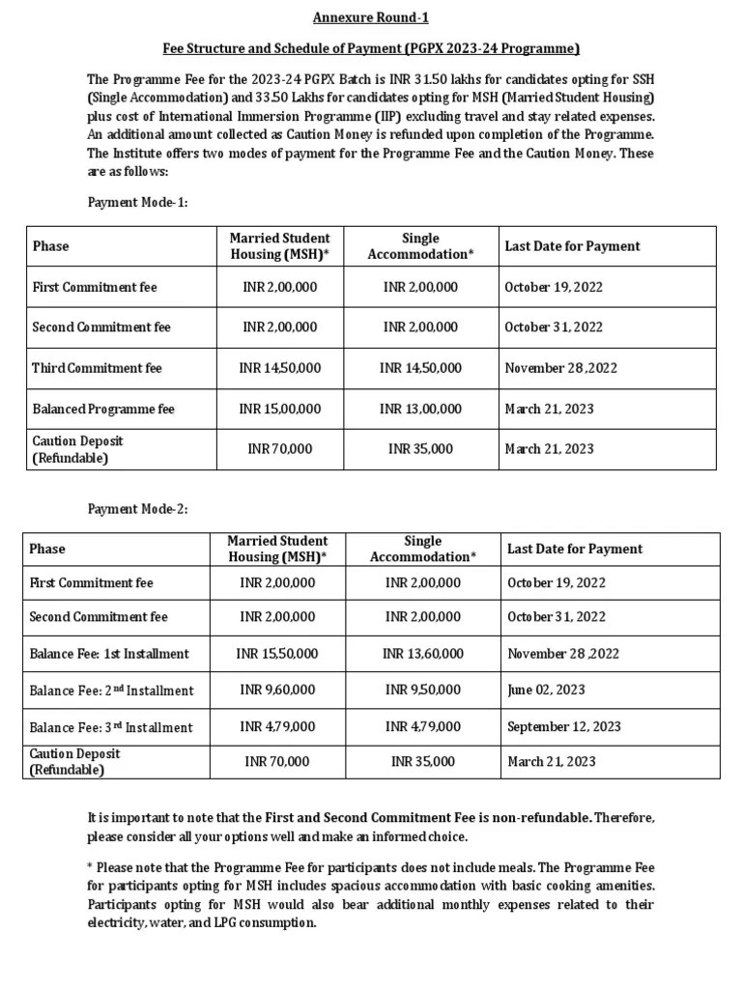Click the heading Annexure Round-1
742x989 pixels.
371,17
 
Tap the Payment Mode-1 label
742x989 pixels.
137,203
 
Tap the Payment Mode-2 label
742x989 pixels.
137,509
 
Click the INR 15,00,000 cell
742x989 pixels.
280,409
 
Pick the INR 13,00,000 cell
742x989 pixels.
420,409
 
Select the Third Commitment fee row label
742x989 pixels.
98,368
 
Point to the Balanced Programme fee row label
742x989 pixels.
103,409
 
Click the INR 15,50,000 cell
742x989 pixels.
277,654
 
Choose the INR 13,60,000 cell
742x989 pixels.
422,654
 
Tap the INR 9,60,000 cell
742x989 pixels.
277,690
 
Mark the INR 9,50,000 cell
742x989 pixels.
422,690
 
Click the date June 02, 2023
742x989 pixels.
545,690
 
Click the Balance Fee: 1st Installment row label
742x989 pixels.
109,654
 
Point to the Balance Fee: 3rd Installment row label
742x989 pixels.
111,727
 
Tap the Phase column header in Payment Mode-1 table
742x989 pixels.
50,246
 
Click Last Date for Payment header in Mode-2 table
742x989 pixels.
575,549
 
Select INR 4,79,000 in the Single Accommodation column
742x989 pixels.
422,726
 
